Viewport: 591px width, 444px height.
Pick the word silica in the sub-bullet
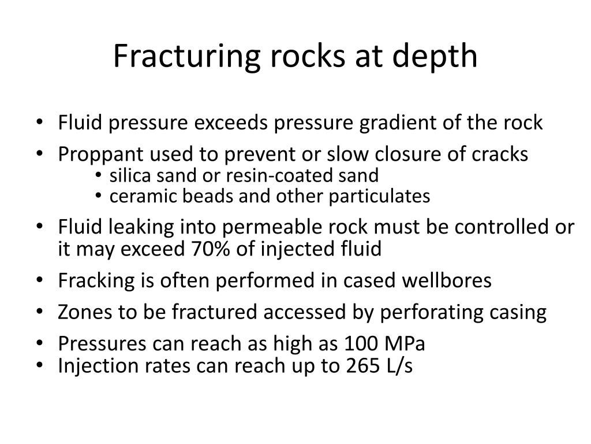(x=128, y=175)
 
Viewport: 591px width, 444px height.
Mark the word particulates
(x=379, y=197)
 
